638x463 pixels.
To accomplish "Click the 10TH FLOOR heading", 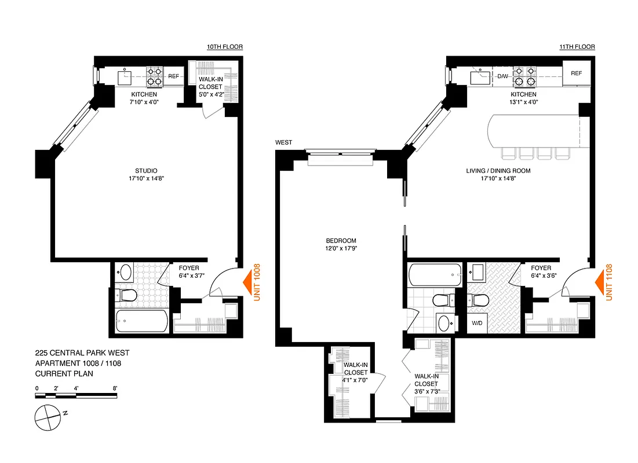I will click(x=225, y=47).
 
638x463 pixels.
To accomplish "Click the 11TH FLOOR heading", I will click(x=577, y=47).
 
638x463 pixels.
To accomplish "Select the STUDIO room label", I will click(x=145, y=175).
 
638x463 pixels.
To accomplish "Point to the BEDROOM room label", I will click(x=341, y=245).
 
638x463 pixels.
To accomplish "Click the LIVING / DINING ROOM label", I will click(x=498, y=175).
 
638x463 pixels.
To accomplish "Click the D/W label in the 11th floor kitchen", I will click(x=502, y=75).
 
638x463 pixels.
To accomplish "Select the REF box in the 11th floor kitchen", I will click(x=576, y=74).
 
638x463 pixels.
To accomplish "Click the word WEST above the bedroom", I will click(x=283, y=142).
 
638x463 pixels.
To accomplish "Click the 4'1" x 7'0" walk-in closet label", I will click(x=355, y=373).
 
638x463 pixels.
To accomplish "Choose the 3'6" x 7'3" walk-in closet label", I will click(x=426, y=383).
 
